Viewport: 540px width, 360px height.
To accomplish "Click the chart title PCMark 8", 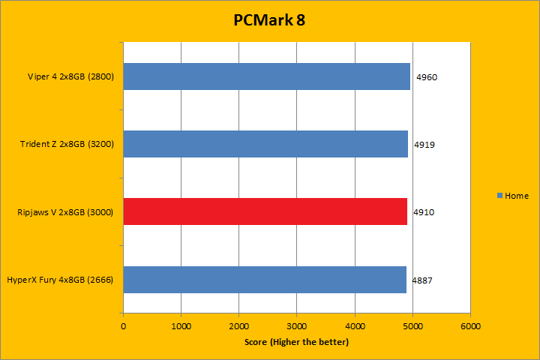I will click(269, 20).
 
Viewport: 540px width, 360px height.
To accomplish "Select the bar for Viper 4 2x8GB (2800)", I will click(266, 76).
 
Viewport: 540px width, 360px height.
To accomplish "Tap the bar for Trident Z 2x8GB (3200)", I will click(265, 144).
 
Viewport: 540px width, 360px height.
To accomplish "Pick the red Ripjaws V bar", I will click(265, 211).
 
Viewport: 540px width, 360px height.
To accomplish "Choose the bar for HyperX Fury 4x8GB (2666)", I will click(264, 279).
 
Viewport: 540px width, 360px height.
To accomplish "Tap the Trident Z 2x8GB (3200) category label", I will click(66, 144).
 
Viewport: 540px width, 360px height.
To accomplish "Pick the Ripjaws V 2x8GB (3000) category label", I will click(64, 211).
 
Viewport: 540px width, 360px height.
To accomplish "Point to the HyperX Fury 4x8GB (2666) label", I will click(60, 279).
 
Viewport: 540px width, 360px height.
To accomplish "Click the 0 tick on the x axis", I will click(123, 326).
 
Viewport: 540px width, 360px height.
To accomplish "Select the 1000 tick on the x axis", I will click(181, 326).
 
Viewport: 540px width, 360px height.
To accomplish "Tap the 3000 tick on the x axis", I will click(296, 326).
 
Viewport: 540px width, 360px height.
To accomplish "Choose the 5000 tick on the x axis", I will click(412, 326).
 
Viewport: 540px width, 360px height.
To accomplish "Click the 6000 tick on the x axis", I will click(469, 326).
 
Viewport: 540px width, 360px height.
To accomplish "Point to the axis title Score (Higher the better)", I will click(296, 342).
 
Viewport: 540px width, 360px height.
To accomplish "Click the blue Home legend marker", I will click(500, 196).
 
